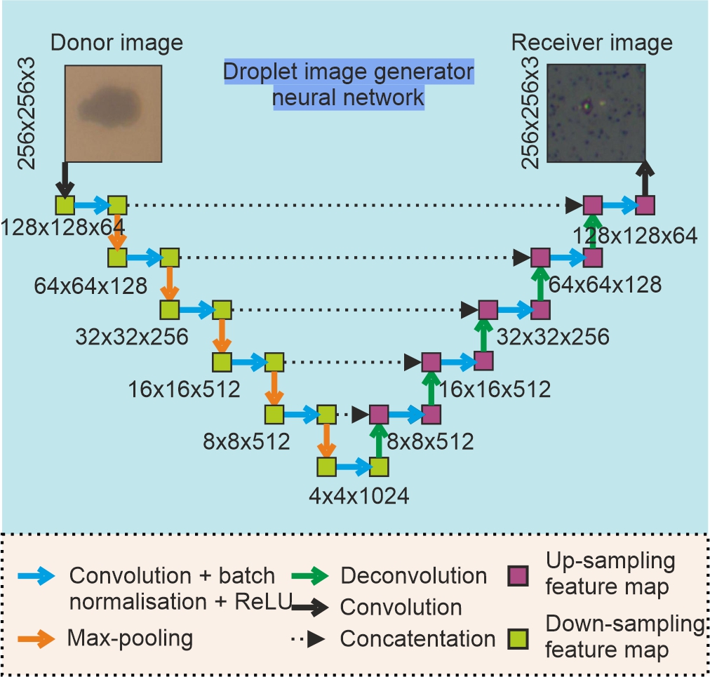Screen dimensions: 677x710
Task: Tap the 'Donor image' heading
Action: point(116,43)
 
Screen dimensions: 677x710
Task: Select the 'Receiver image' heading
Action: point(591,43)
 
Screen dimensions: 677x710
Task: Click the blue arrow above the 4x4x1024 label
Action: point(352,466)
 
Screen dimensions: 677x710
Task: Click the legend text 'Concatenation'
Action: point(417,638)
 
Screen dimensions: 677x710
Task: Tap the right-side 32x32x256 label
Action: point(553,337)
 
